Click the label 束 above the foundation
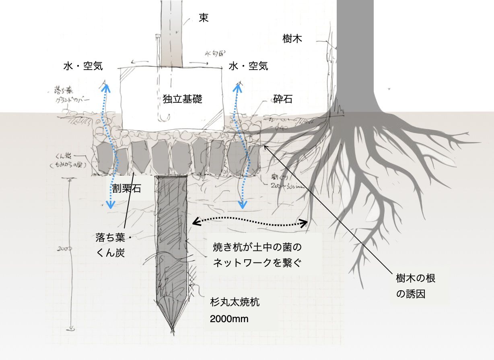click(204, 18)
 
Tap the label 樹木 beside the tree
click(292, 39)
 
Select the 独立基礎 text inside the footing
click(182, 99)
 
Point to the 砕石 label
click(283, 99)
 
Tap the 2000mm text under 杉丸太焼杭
click(229, 319)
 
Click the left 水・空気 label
click(83, 66)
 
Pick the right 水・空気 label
click(248, 66)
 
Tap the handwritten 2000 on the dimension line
click(64, 249)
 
